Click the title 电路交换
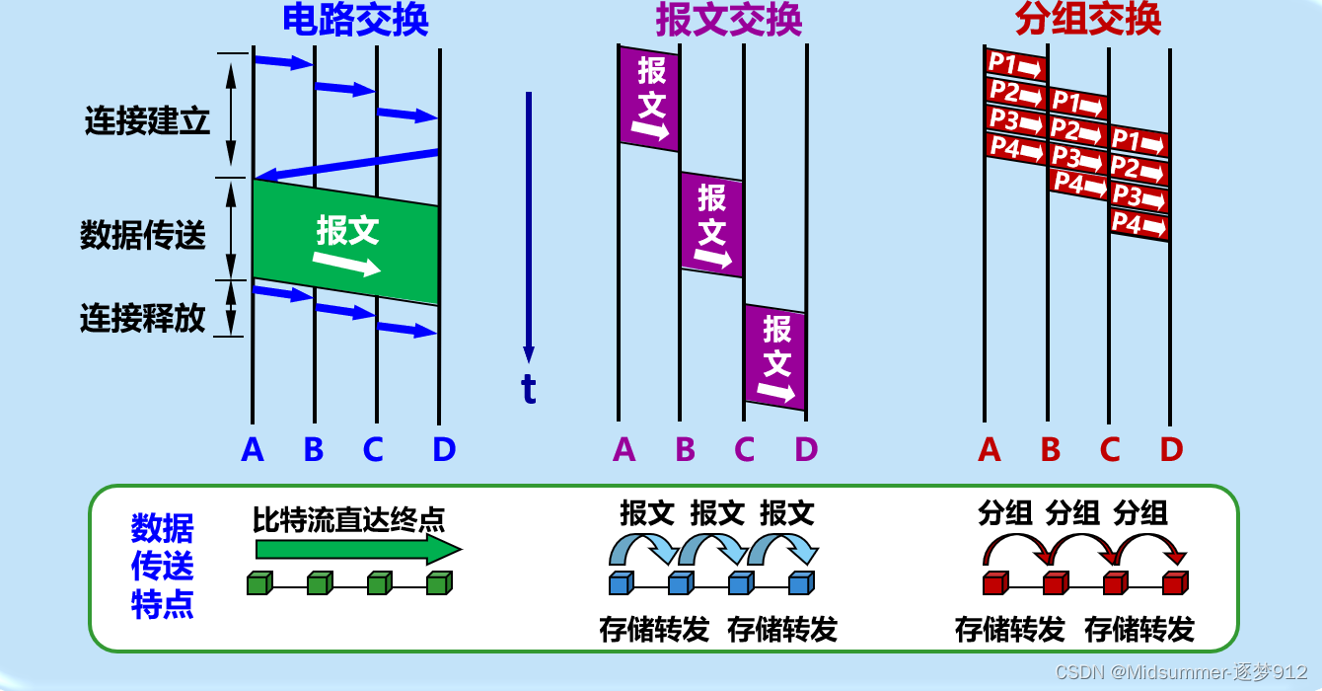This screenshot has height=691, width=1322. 355,20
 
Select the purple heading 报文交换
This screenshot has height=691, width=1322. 728,20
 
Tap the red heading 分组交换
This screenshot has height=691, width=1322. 1088,20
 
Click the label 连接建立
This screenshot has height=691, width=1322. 147,121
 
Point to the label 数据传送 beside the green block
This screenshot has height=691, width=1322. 143,235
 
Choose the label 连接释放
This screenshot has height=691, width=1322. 143,318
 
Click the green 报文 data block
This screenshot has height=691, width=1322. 345,242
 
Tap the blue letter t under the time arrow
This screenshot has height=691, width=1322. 529,390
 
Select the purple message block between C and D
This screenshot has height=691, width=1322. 775,357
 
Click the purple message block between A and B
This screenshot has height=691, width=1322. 649,99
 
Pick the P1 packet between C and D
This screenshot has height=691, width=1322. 1138,142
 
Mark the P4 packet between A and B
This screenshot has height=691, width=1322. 1015,149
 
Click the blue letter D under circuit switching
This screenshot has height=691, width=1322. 444,450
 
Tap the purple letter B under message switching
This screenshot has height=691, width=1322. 685,450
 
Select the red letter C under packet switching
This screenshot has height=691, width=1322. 1110,450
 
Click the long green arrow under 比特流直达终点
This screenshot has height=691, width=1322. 357,549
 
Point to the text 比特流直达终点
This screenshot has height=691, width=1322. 348,518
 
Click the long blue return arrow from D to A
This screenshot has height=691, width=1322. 345,165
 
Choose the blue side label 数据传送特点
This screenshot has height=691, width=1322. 163,567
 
